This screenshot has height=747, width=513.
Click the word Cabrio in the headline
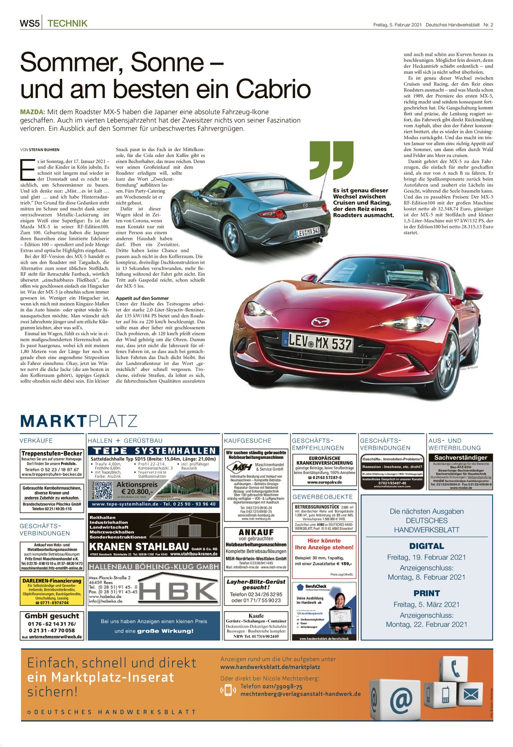[x=273, y=89]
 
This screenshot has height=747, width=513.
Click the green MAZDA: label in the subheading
[x=32, y=112]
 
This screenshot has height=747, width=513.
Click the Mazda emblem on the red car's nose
[x=320, y=322]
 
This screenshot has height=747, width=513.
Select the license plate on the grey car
[x=307, y=232]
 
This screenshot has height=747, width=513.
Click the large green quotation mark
[x=332, y=159]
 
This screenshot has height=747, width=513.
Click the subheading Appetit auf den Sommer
[x=142, y=298]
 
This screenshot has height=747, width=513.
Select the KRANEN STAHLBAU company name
[x=139, y=547]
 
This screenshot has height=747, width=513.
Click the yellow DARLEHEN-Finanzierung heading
[x=52, y=581]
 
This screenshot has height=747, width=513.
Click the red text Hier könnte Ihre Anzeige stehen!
[x=324, y=544]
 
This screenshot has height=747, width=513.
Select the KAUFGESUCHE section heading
[x=248, y=440]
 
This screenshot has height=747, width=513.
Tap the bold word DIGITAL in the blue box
[x=426, y=546]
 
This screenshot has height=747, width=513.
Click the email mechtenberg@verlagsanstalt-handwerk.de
[x=301, y=694]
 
